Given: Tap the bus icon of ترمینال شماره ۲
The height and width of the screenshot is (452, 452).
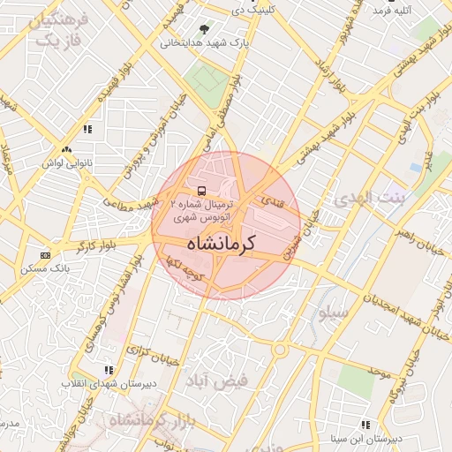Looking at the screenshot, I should coord(202,191).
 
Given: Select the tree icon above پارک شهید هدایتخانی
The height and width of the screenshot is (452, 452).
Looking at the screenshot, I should coord(205,29).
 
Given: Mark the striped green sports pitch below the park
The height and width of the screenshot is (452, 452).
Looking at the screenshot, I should coord(207,79).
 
